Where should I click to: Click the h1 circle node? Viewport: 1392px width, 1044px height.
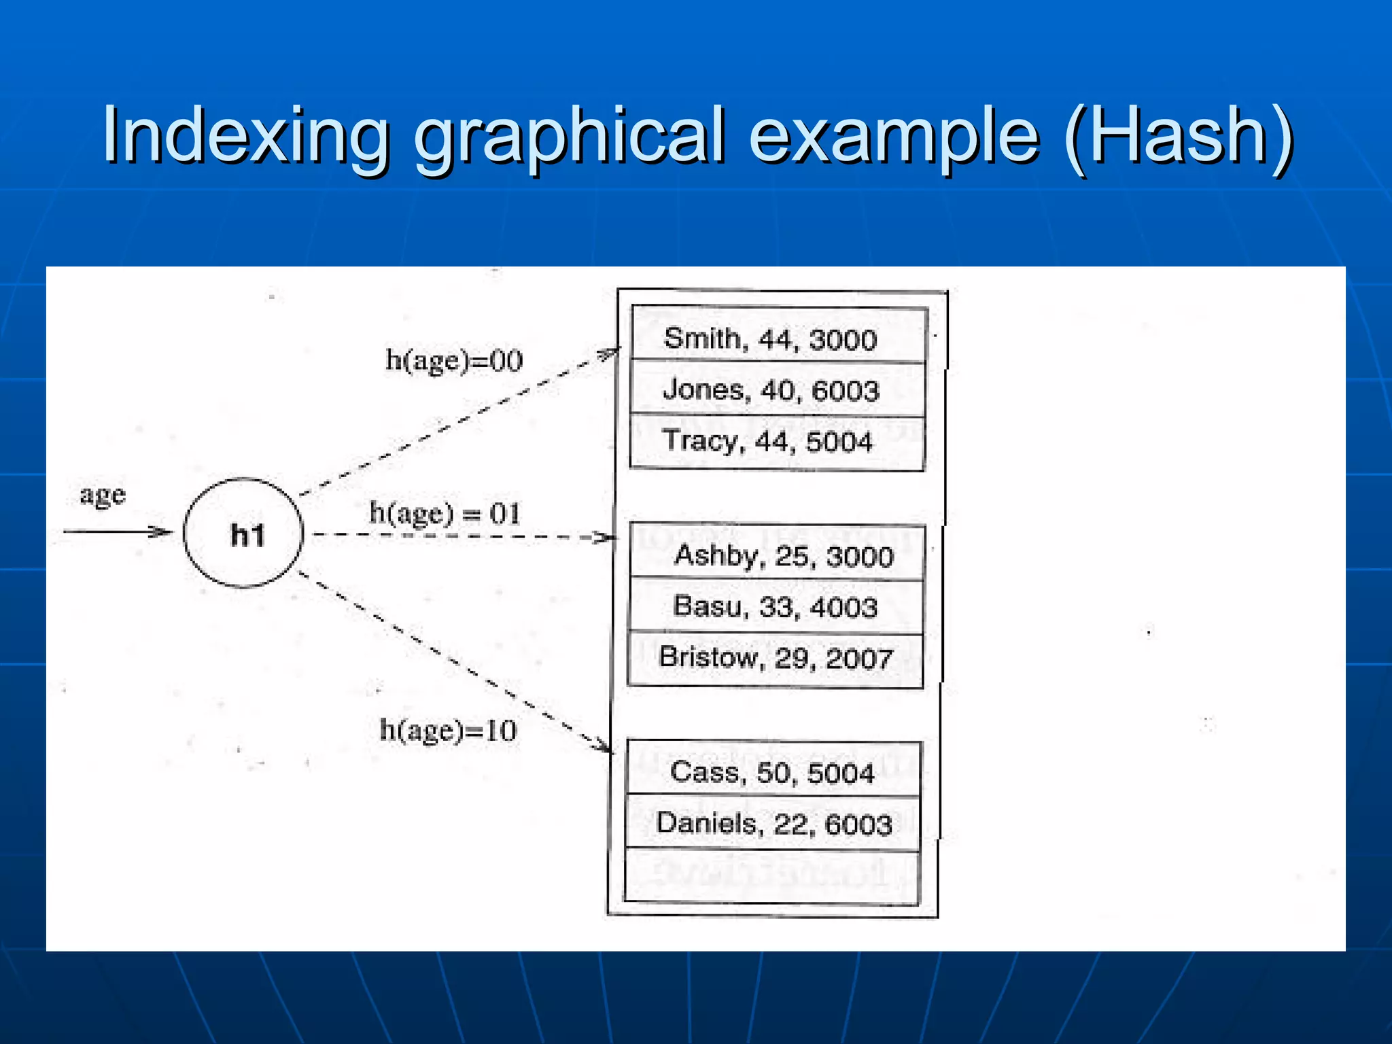(x=243, y=534)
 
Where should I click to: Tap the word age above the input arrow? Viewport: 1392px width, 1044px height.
(x=103, y=495)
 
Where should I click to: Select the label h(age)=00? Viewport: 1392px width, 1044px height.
(x=454, y=360)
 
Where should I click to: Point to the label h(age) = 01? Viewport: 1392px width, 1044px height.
(x=445, y=514)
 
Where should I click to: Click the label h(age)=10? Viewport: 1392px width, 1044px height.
(x=448, y=731)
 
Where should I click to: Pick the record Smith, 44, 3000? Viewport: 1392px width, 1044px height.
(x=771, y=338)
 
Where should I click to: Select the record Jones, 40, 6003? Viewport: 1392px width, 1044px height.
(x=771, y=390)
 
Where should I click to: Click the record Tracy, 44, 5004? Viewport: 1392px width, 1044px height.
(x=768, y=442)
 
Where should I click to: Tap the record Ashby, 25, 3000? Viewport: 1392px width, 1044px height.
(x=783, y=556)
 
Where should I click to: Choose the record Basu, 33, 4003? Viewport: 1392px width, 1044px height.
(x=776, y=606)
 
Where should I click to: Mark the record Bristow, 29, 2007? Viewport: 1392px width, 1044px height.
(x=776, y=658)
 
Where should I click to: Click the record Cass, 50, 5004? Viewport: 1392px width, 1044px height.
(x=772, y=773)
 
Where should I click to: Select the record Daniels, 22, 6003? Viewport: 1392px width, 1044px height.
(x=773, y=824)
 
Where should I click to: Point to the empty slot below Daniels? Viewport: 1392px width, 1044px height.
(x=772, y=877)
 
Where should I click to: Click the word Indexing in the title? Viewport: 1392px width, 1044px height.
(x=245, y=136)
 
